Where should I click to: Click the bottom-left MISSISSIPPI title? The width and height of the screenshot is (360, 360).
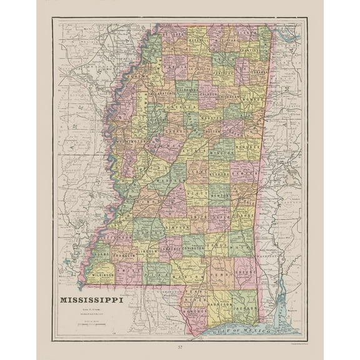coord(91,299)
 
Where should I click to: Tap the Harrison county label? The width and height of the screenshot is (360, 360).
coord(218,306)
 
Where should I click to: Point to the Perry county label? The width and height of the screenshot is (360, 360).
coord(219,274)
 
